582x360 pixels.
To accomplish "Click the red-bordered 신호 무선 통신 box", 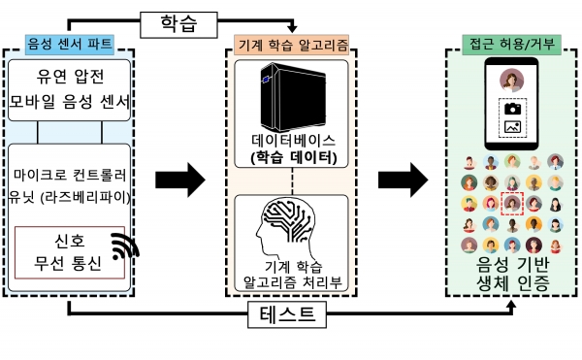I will tap(68, 251).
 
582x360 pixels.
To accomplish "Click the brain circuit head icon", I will tap(292, 228).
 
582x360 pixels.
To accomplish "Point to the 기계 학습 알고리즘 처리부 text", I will tap(293, 274).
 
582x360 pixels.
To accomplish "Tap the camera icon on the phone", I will tap(511, 110).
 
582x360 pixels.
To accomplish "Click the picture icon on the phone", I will tap(511, 127).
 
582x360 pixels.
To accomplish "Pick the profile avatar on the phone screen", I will tap(511, 81).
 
